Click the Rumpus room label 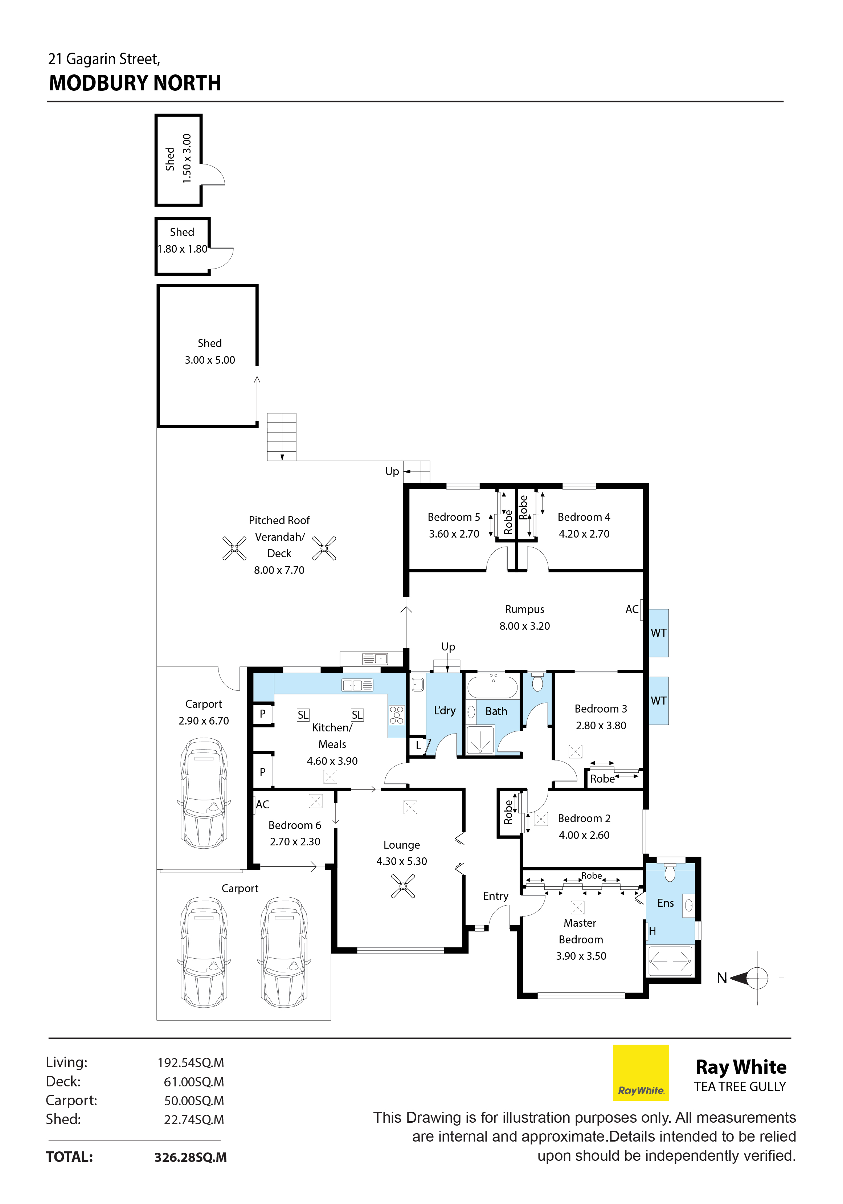[x=524, y=609]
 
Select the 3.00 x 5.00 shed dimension [x=210, y=360]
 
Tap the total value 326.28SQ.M [x=190, y=1157]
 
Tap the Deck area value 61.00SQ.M [x=194, y=1082]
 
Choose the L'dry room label [x=445, y=711]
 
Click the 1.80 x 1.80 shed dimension [x=183, y=249]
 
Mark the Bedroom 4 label [x=584, y=517]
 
